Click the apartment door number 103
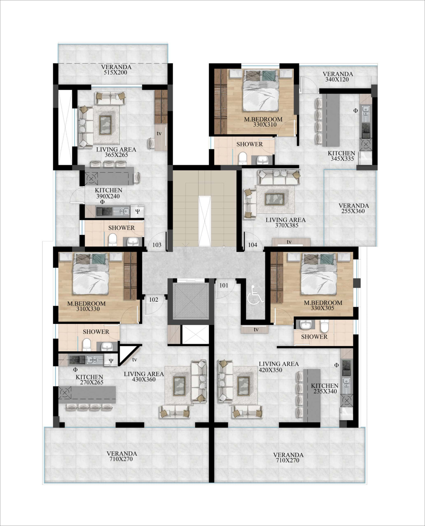(157, 245)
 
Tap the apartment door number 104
(253, 245)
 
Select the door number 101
(224, 285)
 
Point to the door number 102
(153, 300)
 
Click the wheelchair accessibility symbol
(255, 294)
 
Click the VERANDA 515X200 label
(116, 70)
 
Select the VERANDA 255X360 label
(354, 208)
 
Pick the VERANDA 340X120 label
(338, 77)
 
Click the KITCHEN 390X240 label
(109, 193)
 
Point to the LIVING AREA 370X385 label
(286, 222)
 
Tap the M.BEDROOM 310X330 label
(86, 306)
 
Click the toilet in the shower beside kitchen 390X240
(113, 240)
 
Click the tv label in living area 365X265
(159, 133)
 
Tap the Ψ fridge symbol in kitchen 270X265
(111, 361)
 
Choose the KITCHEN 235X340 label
(324, 388)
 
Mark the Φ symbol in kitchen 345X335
(355, 111)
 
